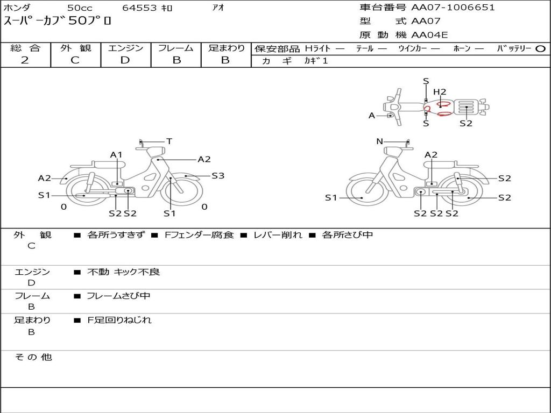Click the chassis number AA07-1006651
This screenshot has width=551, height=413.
453,8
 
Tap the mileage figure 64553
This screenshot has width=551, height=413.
139,8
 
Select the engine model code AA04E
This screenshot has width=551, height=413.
429,35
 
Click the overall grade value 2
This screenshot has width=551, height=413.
25,60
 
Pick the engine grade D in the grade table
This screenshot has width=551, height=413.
125,60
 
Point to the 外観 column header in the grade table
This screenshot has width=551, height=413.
75,48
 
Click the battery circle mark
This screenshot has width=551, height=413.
540,49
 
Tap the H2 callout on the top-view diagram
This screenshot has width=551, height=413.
440,91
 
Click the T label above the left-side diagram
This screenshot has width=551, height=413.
169,141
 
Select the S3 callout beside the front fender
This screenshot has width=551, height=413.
218,176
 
